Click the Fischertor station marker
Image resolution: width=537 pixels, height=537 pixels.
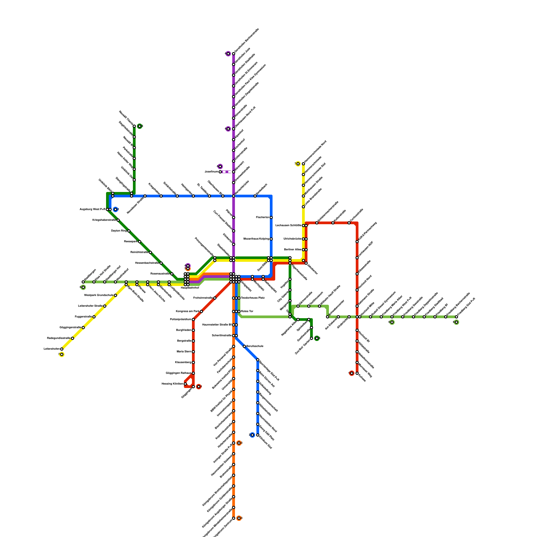click(x=271, y=217)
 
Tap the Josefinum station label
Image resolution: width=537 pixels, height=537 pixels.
click(x=211, y=172)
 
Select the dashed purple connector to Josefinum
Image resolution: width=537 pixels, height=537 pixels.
click(x=227, y=172)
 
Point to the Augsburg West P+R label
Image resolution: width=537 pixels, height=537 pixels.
click(x=92, y=209)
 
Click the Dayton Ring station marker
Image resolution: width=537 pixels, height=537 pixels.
click(x=129, y=231)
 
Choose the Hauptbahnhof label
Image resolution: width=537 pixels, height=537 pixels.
click(x=190, y=288)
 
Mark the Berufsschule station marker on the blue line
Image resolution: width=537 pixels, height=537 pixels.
click(x=244, y=346)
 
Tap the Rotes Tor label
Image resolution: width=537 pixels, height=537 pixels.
click(x=247, y=311)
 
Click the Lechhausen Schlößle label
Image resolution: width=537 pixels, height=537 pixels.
click(x=288, y=226)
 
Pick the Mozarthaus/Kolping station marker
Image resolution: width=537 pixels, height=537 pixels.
click(x=271, y=239)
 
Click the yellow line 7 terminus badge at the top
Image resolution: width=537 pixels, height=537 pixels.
click(x=298, y=164)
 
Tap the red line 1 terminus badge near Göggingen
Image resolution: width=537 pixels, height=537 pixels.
click(x=199, y=387)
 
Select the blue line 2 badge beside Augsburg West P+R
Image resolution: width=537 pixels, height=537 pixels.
click(x=115, y=209)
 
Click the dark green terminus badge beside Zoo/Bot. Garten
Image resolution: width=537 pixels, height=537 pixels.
click(x=317, y=338)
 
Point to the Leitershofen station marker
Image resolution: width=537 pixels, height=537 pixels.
click(x=62, y=349)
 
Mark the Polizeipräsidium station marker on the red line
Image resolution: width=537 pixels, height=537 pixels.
click(x=193, y=320)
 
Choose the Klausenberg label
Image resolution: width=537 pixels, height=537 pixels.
click(x=183, y=362)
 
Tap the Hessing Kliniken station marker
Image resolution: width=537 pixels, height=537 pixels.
click(x=185, y=384)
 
